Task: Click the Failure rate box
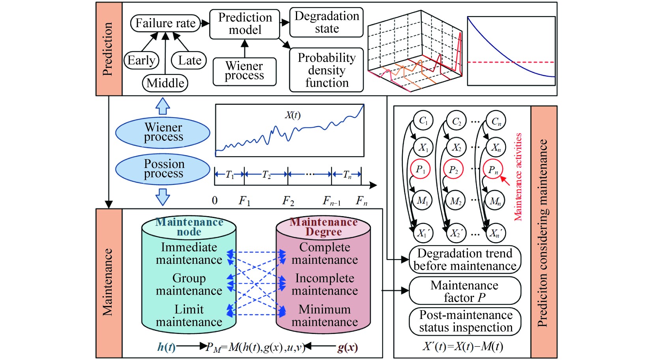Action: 165,23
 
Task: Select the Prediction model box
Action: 245,24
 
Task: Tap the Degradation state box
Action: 326,22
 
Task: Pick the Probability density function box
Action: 326,70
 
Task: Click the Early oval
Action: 141,60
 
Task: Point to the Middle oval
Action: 165,83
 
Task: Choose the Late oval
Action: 189,60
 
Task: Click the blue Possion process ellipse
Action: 163,169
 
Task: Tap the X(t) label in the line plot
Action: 293,115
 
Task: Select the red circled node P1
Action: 421,170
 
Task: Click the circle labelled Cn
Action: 496,121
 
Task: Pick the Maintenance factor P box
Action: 465,291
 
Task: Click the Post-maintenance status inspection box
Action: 465,321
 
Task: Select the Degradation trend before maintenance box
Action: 465,260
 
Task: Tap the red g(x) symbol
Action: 347,347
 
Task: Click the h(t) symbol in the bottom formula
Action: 166,347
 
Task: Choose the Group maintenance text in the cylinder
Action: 189,284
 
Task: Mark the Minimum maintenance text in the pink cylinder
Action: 324,315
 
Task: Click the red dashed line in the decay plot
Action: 493,62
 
